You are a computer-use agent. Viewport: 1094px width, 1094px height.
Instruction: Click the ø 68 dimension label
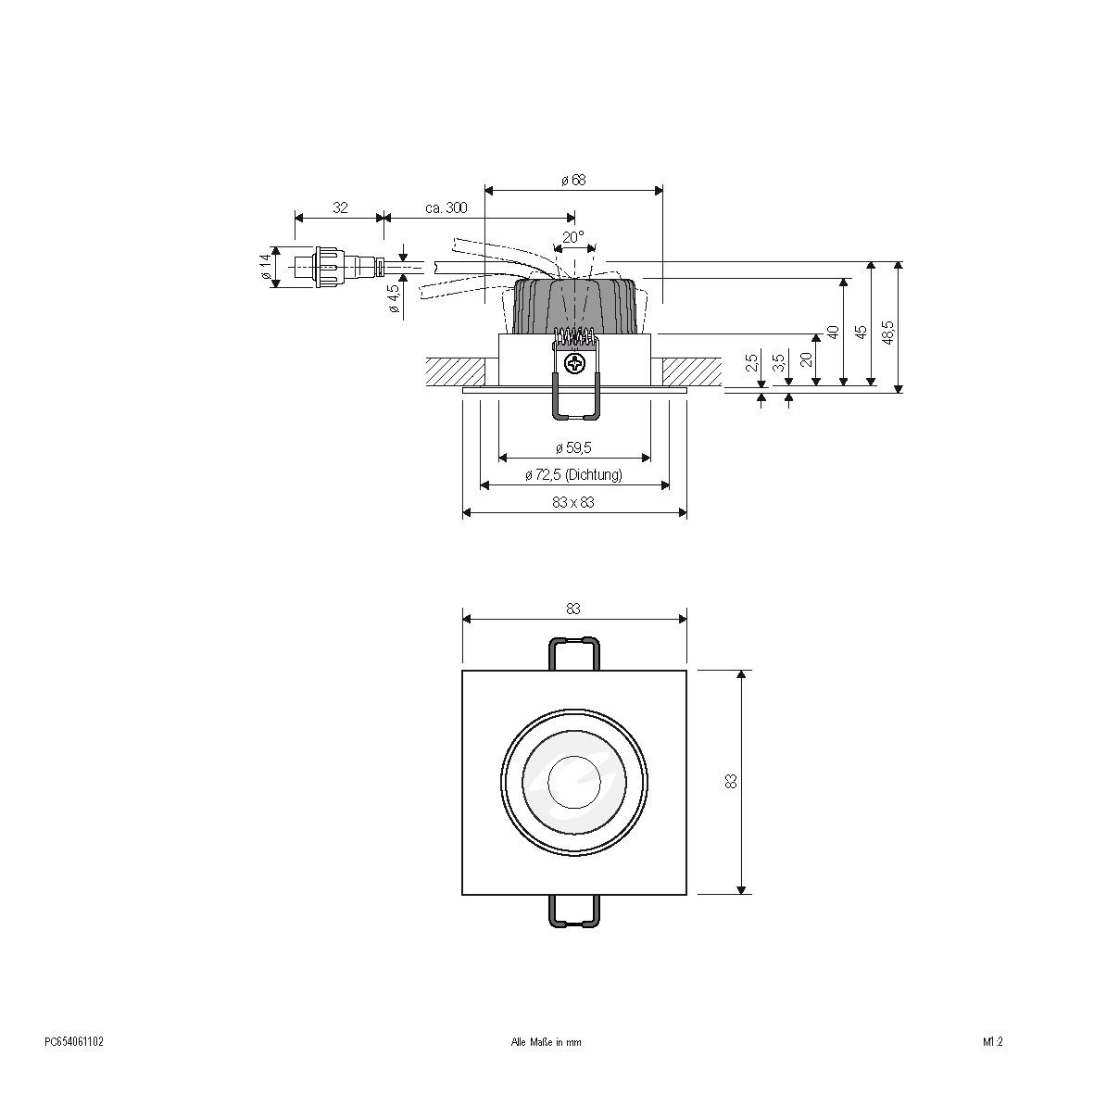[x=573, y=181]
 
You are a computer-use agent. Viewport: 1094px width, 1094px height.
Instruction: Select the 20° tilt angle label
[x=573, y=237]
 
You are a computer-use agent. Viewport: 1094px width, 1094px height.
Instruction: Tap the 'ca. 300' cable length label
[x=446, y=208]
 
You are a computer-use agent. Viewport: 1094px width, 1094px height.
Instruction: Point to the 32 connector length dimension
[x=340, y=208]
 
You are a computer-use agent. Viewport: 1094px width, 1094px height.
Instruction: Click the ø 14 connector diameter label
[x=266, y=267]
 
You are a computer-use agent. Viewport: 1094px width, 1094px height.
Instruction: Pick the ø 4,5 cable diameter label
[x=394, y=298]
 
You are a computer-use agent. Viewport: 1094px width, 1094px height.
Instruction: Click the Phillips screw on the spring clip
[x=575, y=363]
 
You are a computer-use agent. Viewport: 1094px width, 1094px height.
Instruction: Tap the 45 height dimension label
[x=861, y=332]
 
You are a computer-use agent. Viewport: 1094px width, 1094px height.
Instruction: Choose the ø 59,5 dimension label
[x=573, y=447]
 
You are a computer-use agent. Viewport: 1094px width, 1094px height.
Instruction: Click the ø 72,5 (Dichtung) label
[x=573, y=475]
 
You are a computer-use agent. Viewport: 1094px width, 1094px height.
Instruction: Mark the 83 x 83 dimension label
[x=573, y=502]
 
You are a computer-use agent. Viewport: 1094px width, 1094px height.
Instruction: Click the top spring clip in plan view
[x=574, y=652]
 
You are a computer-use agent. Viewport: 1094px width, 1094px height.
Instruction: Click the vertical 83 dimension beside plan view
[x=731, y=781]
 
